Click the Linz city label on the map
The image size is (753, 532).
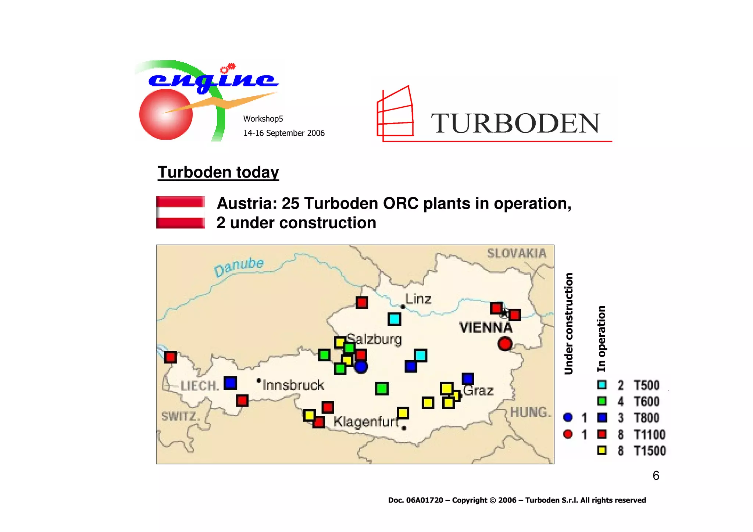coord(418,299)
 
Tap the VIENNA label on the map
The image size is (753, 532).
coord(486,327)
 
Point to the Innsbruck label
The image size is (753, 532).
coord(293,385)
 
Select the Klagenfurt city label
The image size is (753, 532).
coord(366,421)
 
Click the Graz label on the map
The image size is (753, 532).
coord(478,390)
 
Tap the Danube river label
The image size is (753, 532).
coord(239,267)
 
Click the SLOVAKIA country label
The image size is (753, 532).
coord(517,253)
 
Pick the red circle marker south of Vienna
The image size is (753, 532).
coord(505,344)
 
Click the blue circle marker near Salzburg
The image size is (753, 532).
coord(361,367)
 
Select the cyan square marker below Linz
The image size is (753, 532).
coord(395,319)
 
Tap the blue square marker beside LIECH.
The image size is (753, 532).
coord(231,383)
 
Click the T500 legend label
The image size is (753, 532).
coord(647,385)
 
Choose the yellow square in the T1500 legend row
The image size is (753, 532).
coord(602,450)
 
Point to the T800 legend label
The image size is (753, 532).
coord(647,418)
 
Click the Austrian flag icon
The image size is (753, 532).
coord(181,213)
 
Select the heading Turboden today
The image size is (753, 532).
coord(218,172)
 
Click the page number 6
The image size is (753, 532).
coord(656,476)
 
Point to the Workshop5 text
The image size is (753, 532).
coord(263,119)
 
